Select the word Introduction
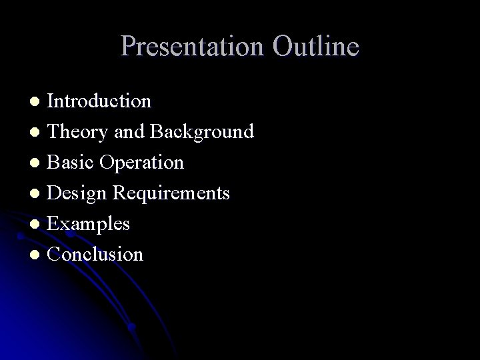[x=100, y=101]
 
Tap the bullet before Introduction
[x=38, y=102]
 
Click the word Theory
[x=75, y=132]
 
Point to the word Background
[x=201, y=132]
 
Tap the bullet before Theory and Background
[x=38, y=133]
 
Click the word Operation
[x=143, y=163]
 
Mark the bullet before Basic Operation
[x=38, y=163]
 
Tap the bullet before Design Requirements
[x=38, y=194]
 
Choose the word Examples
[x=89, y=225]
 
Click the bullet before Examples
[x=38, y=225]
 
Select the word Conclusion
[x=96, y=255]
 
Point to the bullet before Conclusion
[x=38, y=255]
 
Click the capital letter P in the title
[x=129, y=47]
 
